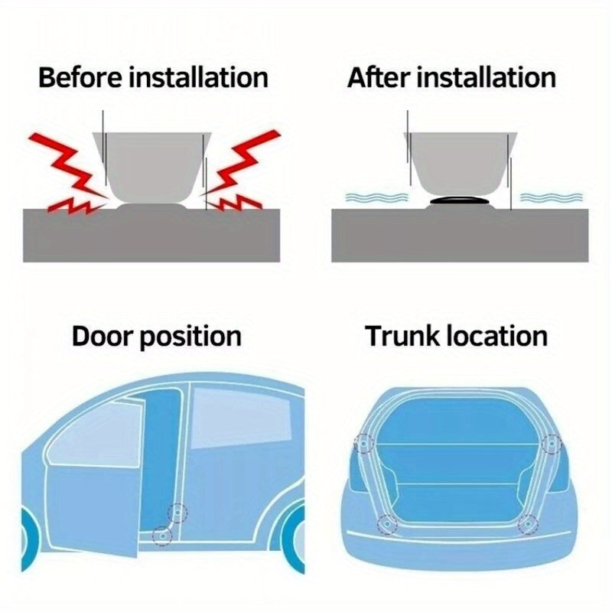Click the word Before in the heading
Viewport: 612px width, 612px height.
click(x=77, y=78)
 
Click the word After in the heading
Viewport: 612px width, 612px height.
click(x=376, y=78)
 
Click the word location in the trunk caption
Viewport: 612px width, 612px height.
click(x=496, y=337)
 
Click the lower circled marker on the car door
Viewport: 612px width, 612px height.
click(x=161, y=535)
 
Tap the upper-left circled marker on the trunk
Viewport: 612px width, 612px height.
click(x=362, y=444)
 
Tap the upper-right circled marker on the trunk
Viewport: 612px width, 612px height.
click(x=550, y=443)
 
